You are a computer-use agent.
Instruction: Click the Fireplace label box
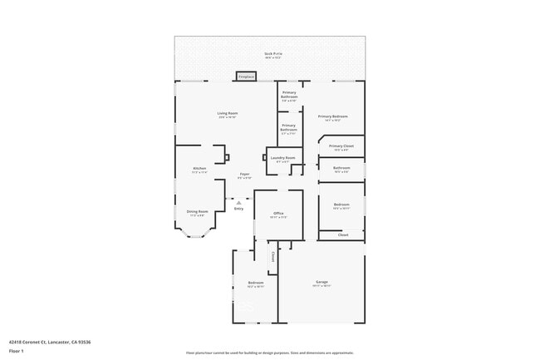click(246, 76)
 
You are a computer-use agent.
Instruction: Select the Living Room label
click(228, 114)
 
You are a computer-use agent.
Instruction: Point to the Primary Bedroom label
click(332, 117)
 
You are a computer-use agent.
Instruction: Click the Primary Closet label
click(341, 147)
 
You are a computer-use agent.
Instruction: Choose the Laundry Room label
click(283, 158)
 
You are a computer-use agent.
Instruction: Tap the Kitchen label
click(199, 169)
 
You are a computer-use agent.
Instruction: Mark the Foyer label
click(244, 175)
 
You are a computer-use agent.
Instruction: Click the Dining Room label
click(197, 212)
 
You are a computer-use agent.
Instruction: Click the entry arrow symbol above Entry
click(238, 201)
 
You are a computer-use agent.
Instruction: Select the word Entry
click(238, 208)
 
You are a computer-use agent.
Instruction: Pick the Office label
click(278, 215)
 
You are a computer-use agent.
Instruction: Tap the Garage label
click(322, 283)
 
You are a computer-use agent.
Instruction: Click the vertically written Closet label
click(272, 258)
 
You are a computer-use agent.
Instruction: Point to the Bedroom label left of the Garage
click(255, 284)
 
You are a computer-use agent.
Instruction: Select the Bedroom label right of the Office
click(341, 205)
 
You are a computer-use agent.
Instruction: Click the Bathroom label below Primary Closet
click(341, 169)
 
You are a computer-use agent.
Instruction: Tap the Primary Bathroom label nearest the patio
click(289, 94)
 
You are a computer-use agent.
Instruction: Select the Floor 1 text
click(17, 351)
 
